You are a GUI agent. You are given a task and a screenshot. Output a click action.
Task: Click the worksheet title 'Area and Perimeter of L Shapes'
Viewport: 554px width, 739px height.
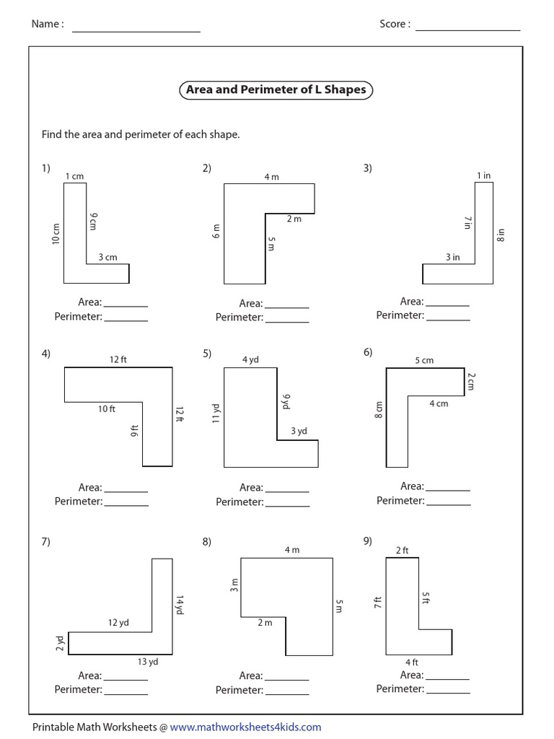[x=276, y=90]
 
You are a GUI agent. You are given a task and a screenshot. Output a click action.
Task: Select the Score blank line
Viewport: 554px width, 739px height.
[x=467, y=30]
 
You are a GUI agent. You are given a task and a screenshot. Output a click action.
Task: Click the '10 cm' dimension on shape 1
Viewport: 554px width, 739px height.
[x=56, y=234]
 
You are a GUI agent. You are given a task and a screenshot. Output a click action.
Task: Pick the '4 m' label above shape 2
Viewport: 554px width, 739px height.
[x=271, y=177]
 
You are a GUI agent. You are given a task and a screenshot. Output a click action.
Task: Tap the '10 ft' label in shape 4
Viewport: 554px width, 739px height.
[x=107, y=409]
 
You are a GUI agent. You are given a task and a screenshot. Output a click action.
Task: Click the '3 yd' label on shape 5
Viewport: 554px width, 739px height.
[x=299, y=432]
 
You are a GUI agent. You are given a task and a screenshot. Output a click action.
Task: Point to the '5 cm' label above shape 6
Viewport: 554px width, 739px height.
[x=424, y=360]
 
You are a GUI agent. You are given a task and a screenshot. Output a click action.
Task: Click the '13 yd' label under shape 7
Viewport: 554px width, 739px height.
[x=148, y=661]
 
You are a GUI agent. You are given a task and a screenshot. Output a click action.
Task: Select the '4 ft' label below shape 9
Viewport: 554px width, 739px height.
[x=412, y=662]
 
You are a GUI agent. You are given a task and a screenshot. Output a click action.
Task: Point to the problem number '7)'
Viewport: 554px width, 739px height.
[x=45, y=542]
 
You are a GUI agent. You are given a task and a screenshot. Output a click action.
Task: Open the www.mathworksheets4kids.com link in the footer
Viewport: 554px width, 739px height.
[x=245, y=727]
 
